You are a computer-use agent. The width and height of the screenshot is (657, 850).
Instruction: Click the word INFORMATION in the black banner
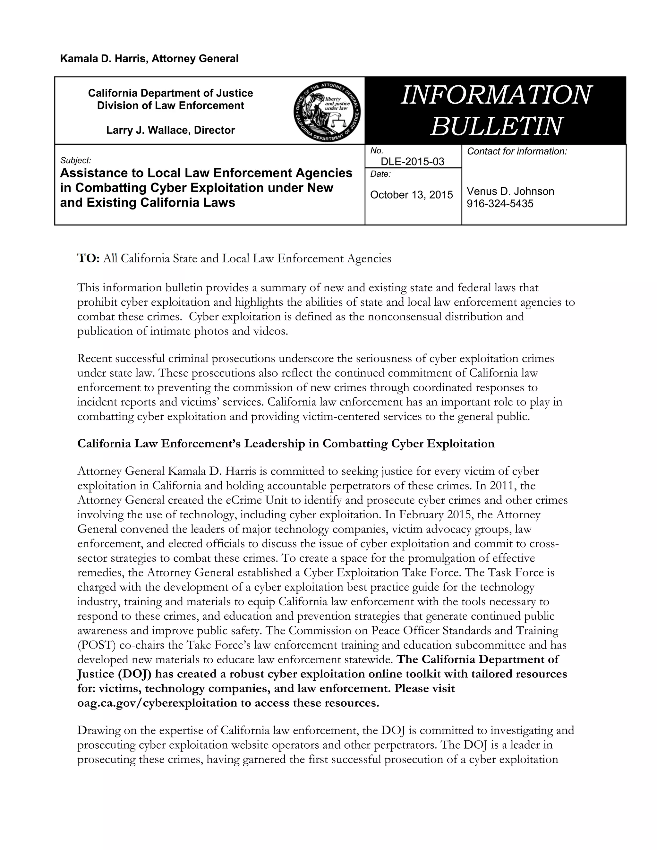pos(495,95)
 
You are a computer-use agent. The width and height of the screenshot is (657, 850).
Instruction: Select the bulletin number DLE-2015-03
pos(412,162)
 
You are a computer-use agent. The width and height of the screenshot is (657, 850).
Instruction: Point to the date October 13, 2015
pos(411,195)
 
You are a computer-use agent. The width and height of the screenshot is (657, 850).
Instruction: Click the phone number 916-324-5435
pos(500,204)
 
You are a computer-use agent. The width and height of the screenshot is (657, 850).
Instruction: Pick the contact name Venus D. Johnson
pos(510,191)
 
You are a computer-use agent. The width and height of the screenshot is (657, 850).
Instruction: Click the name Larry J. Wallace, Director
pos(170,130)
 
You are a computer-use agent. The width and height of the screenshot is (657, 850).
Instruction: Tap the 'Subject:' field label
pos(75,160)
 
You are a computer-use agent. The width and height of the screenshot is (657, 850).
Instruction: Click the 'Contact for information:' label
pos(517,151)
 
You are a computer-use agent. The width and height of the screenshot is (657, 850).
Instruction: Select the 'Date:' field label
pos(380,174)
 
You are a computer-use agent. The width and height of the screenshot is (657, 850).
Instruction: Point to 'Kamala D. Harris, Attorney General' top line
pos(149,59)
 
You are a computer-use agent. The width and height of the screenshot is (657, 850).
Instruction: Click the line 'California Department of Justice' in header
pos(170,93)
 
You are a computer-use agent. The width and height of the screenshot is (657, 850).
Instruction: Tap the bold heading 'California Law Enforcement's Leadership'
pos(286,444)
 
